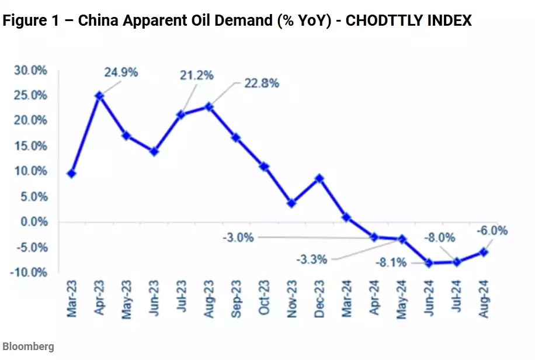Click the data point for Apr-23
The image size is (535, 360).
tap(100, 95)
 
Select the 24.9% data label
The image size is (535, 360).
tap(121, 73)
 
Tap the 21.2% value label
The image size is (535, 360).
tap(197, 75)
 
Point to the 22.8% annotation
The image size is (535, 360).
tap(262, 83)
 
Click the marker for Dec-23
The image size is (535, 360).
tap(319, 178)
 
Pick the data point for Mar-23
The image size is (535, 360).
tap(72, 174)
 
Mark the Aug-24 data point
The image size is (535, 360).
tap(484, 252)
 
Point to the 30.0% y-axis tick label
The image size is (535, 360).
tap(30, 70)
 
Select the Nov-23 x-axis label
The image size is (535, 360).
tap(292, 300)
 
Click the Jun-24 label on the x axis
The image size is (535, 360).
tap(429, 300)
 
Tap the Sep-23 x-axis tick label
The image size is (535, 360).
tap(237, 300)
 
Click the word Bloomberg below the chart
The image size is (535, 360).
tap(28, 347)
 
